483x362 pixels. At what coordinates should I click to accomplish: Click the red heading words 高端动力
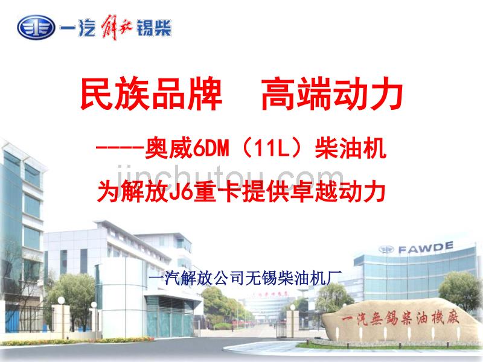point(331,95)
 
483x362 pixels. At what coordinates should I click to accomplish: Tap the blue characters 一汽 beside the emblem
point(78,28)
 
